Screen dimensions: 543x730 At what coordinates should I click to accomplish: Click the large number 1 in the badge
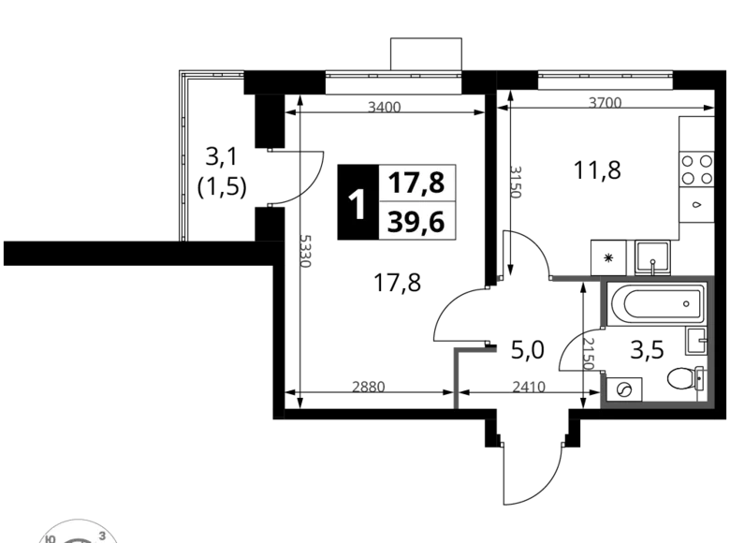(x=357, y=204)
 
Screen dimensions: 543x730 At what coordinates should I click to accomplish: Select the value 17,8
(x=416, y=183)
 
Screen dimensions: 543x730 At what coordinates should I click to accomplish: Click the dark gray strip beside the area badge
(x=467, y=206)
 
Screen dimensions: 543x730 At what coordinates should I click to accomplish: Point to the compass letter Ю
(x=49, y=538)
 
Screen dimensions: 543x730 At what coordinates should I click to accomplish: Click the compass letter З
(x=101, y=535)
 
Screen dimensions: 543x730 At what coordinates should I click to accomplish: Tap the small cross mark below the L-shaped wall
(x=456, y=400)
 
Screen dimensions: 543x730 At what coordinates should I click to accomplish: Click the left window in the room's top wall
(x=609, y=273)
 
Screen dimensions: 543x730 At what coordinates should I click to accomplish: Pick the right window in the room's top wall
(x=652, y=273)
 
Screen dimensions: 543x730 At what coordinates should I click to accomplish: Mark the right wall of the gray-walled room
(x=708, y=337)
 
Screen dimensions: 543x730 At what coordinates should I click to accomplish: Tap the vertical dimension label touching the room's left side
(x=590, y=354)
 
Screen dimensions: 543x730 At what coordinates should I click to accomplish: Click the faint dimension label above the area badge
(x=385, y=106)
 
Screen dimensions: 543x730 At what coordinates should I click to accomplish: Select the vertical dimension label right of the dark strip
(x=516, y=183)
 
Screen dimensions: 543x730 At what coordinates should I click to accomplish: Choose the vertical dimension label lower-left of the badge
(x=306, y=252)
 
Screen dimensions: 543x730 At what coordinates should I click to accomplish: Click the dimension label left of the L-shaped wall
(x=370, y=384)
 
